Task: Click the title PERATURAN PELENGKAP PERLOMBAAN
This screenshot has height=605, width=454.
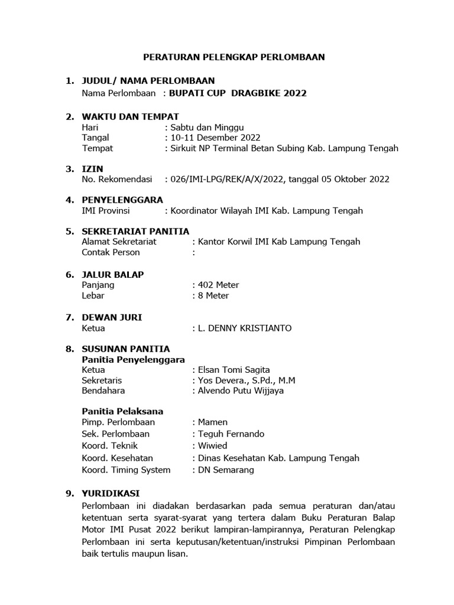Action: coord(235,57)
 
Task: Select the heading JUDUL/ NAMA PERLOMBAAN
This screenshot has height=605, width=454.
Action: coord(148,80)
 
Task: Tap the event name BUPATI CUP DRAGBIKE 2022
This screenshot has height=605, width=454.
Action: coord(238,93)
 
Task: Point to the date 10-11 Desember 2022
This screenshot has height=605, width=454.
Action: coord(206,138)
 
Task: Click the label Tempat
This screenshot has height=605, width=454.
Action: coord(97,148)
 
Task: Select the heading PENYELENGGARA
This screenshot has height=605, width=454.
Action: coord(122,200)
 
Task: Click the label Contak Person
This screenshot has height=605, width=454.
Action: coord(111,252)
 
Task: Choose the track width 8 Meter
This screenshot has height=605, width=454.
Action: coord(214,295)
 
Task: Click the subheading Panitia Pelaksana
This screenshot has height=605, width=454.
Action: coord(122,411)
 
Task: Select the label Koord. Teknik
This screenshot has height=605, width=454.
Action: coord(109,445)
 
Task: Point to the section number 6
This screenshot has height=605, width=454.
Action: coord(69,274)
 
